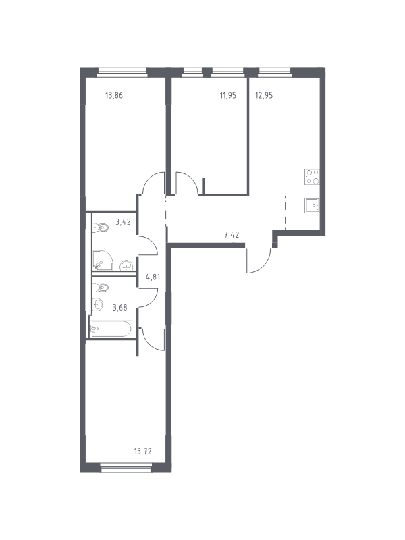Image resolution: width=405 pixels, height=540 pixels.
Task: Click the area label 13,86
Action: [x=114, y=95]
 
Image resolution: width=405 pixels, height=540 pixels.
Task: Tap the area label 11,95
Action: [x=228, y=95]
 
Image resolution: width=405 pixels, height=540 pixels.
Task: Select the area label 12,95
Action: [x=264, y=95]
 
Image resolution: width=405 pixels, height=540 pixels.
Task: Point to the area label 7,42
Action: [x=232, y=235]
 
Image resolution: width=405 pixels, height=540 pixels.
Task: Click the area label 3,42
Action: [x=123, y=222]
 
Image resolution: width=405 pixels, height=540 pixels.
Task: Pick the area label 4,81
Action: [x=153, y=277]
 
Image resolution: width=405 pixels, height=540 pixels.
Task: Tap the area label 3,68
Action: [x=120, y=308]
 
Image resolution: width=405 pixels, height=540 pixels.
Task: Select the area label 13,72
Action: [x=142, y=451]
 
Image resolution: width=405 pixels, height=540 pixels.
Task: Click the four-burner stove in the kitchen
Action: [x=312, y=177]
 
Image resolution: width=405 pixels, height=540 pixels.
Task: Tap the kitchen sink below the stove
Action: [x=312, y=205]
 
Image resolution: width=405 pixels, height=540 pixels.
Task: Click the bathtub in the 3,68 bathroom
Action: [x=111, y=329]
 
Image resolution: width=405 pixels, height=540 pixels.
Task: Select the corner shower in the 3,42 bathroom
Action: [x=103, y=261]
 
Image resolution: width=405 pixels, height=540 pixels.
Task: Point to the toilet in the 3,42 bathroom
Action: [x=100, y=227]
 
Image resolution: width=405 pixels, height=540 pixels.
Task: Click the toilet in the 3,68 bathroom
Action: [x=101, y=287]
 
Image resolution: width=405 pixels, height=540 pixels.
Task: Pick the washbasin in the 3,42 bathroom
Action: [x=127, y=265]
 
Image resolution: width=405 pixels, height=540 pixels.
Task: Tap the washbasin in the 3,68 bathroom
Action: [x=98, y=304]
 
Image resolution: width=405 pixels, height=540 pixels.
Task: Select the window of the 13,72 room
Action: [x=126, y=467]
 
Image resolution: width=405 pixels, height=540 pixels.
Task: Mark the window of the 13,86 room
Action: [x=122, y=72]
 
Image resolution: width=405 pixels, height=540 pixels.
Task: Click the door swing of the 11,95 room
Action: [x=187, y=183]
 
